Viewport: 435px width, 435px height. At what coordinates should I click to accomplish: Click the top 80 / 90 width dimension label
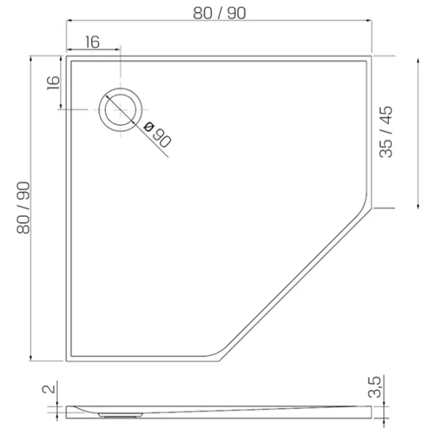219,13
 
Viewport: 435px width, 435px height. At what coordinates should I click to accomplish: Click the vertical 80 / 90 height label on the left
23,207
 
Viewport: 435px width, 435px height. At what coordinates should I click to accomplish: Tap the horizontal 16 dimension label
92,42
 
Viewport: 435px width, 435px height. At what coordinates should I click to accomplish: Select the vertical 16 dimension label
53,83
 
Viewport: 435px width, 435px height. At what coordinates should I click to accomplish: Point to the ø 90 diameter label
157,135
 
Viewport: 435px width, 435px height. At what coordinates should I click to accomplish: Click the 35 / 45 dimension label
386,132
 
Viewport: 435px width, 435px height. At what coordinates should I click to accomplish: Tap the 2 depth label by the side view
49,389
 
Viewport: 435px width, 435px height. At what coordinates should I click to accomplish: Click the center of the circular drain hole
120,110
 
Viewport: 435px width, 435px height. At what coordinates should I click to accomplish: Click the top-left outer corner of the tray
66,56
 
